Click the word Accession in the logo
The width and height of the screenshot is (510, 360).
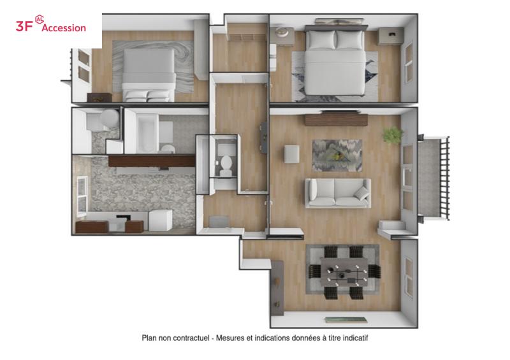pyautogui.click(x=64, y=28)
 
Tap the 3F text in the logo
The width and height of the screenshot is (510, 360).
pyautogui.click(x=24, y=26)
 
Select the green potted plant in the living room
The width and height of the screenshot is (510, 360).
pyautogui.click(x=393, y=134)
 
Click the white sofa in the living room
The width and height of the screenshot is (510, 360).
pyautogui.click(x=338, y=193)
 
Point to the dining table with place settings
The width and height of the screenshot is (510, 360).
pyautogui.click(x=344, y=272)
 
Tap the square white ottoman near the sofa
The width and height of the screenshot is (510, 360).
pyautogui.click(x=291, y=154)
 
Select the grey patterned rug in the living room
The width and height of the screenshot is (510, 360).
pyautogui.click(x=337, y=155)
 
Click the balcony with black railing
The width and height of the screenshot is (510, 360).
pyautogui.click(x=433, y=178)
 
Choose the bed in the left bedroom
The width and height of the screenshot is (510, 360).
pyautogui.click(x=149, y=75)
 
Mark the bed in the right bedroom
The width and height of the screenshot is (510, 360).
pyautogui.click(x=335, y=61)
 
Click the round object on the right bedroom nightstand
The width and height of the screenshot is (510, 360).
pyautogui.click(x=282, y=32)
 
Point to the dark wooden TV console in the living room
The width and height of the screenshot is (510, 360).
pyautogui.click(x=337, y=120)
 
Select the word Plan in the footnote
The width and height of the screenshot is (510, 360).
pyautogui.click(x=149, y=338)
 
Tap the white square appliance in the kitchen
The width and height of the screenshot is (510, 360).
pyautogui.click(x=161, y=220)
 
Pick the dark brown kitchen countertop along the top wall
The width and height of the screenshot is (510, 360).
pyautogui.click(x=152, y=161)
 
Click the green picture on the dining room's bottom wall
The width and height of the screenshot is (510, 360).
pyautogui.click(x=346, y=320)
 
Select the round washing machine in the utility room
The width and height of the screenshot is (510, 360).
pyautogui.click(x=110, y=119)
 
